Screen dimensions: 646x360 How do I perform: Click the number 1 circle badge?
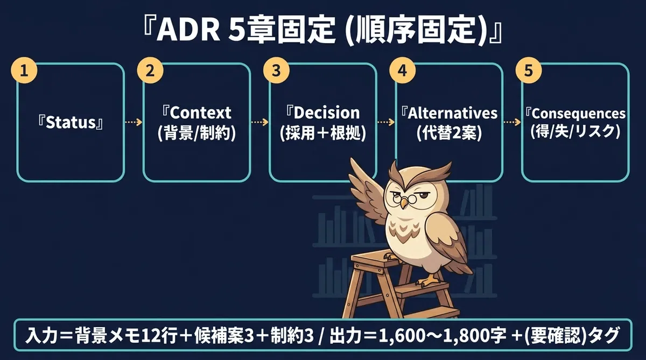tap(24, 70)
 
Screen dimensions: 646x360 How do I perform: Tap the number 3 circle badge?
tap(276, 70)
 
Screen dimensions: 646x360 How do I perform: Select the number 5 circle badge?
tap(529, 70)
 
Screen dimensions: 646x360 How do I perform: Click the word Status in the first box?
tap(71, 123)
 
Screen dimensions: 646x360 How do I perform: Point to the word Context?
tap(200, 112)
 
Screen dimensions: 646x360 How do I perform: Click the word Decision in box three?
tap(327, 112)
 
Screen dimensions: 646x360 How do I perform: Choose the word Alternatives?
tap(453, 113)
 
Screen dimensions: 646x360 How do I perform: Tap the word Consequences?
tap(579, 114)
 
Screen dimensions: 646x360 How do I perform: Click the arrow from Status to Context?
tap(134, 122)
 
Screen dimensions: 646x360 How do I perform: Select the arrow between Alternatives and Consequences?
tap(512, 122)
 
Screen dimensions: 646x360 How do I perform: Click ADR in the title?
tap(188, 31)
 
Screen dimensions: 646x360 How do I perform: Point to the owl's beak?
tap(404, 203)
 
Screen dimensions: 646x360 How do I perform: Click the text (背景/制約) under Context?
tap(197, 134)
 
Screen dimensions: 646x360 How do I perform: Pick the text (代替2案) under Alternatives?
tap(450, 134)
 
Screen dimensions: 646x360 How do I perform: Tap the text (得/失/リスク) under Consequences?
tap(575, 132)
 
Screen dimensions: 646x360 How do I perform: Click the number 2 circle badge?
tap(150, 70)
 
